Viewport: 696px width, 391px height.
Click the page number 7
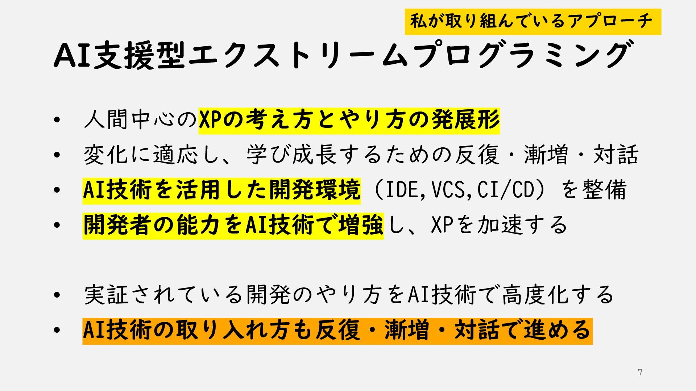(x=640, y=372)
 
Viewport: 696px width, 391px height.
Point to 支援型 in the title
(x=140, y=55)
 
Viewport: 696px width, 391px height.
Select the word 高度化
(x=536, y=295)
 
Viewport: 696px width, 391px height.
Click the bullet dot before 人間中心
(x=56, y=120)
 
